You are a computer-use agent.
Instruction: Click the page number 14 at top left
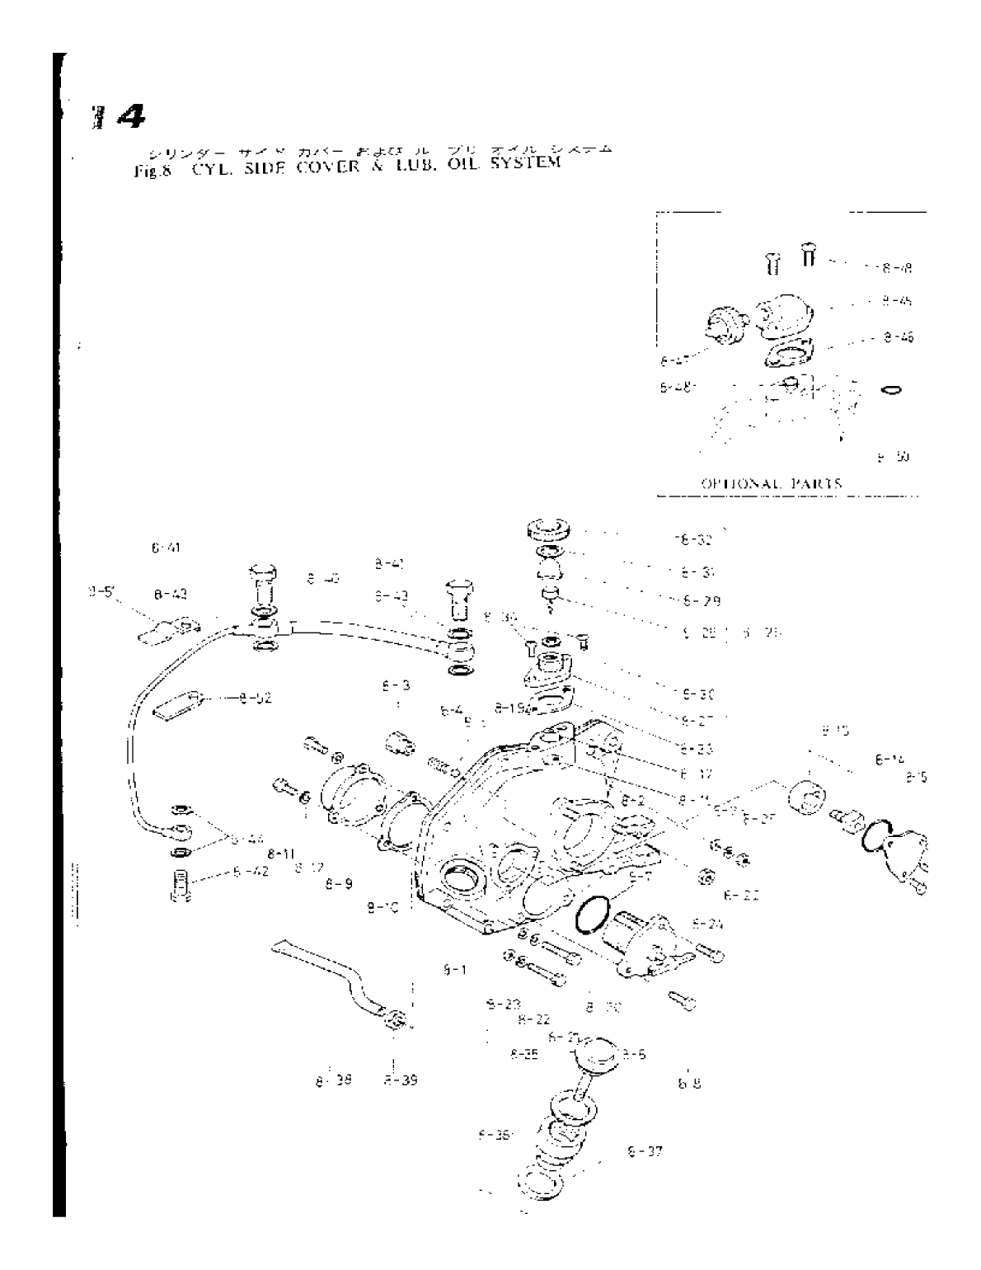(x=121, y=119)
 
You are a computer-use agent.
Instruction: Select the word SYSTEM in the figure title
(x=524, y=162)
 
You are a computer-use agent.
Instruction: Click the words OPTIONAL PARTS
(x=772, y=484)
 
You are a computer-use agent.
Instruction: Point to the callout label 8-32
(x=692, y=540)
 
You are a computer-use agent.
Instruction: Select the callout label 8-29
(x=701, y=600)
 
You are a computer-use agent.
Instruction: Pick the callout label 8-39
(x=400, y=1079)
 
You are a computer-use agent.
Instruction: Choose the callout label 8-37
(x=644, y=1151)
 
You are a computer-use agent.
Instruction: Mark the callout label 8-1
(x=453, y=971)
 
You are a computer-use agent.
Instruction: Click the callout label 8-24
(x=707, y=924)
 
